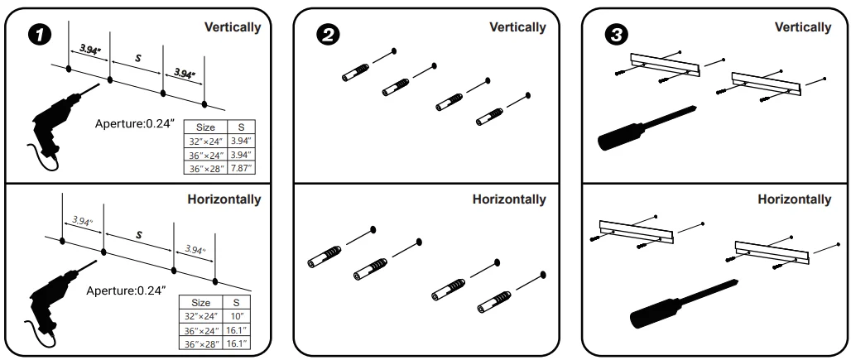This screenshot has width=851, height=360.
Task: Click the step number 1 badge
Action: (x=39, y=36)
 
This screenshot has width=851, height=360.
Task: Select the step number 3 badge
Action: (x=616, y=36)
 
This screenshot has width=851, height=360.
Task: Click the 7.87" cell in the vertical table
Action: (x=242, y=169)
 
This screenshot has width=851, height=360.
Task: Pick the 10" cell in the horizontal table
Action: (x=236, y=316)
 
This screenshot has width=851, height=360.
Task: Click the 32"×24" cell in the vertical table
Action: (x=205, y=142)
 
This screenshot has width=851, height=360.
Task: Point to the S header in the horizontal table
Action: (x=236, y=303)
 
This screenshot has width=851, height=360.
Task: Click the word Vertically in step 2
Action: (x=517, y=27)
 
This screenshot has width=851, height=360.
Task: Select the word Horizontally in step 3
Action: (x=795, y=199)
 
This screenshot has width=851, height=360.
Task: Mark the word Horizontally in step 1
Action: (x=224, y=199)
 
